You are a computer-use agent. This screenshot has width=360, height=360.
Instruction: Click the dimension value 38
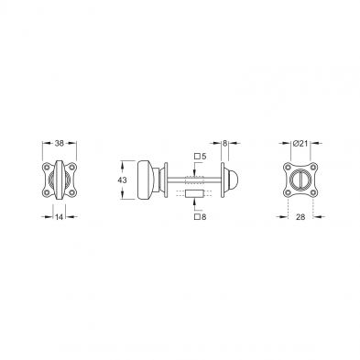click(59, 143)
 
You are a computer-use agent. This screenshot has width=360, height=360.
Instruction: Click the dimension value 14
click(59, 217)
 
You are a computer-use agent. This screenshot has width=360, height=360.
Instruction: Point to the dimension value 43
click(122, 180)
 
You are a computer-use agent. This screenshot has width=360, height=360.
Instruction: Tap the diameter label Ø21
click(300, 143)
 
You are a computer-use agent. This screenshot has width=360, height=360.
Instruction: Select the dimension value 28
click(300, 217)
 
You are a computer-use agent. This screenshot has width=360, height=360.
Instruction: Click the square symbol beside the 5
click(197, 157)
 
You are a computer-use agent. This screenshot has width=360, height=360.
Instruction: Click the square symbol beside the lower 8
click(197, 217)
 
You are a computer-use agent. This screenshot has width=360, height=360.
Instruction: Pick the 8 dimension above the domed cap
click(224, 143)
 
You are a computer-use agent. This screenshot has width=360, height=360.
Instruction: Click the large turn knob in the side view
click(147, 180)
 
